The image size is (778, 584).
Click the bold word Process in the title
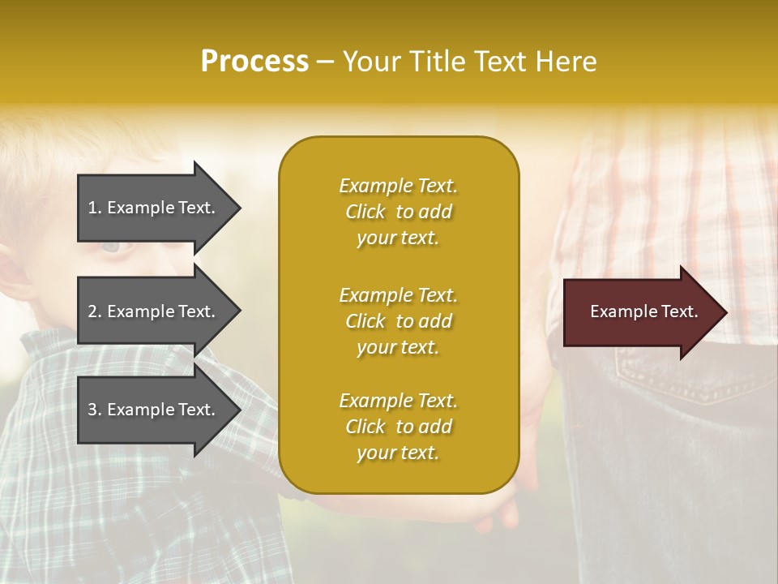[254, 62]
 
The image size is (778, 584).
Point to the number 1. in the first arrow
[95, 208]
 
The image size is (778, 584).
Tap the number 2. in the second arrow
[95, 311]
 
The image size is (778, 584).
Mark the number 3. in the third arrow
[95, 410]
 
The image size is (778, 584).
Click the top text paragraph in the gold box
[398, 212]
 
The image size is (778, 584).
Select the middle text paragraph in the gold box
[398, 321]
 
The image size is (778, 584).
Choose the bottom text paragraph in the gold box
[398, 427]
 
